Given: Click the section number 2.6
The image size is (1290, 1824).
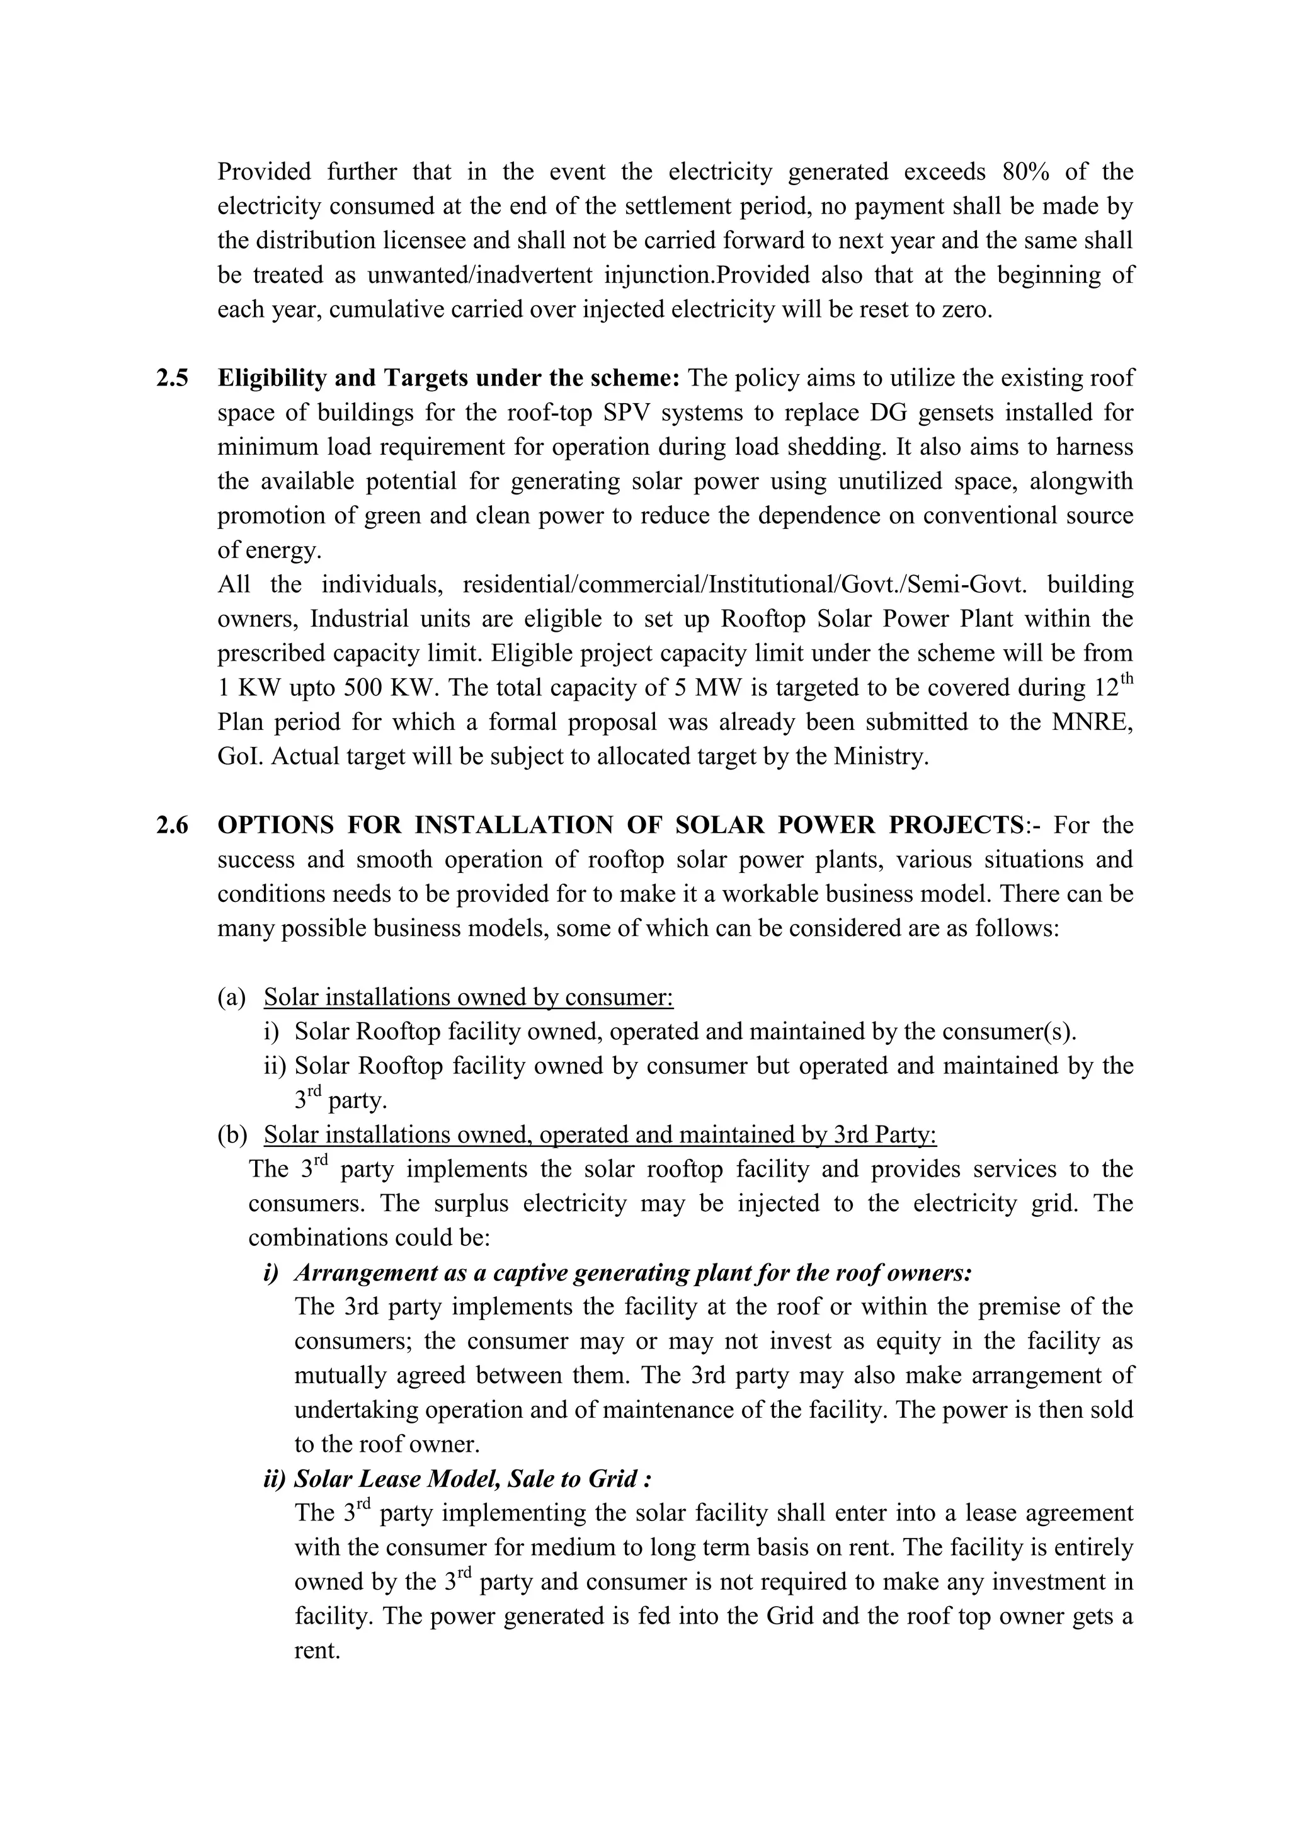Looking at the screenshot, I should pyautogui.click(x=173, y=826).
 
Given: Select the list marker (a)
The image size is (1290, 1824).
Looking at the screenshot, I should pyautogui.click(x=232, y=998).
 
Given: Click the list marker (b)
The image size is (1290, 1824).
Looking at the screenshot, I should pyautogui.click(x=232, y=1135).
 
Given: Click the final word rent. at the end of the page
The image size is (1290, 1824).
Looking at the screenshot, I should pyautogui.click(x=317, y=1651).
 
